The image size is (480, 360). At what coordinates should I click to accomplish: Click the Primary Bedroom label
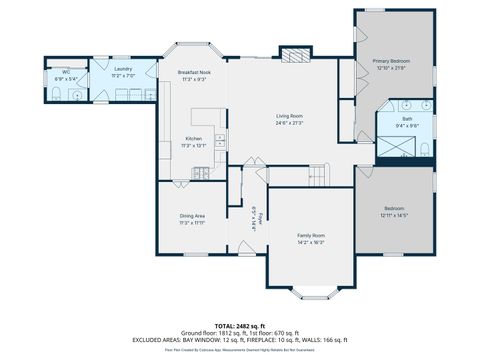pos(392,61)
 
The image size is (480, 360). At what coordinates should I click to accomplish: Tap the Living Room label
pos(290,117)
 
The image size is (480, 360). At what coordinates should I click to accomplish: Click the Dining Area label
pos(192,216)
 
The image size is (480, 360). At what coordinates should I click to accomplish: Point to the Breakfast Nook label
pos(193,73)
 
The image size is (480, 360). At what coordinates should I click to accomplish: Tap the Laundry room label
pos(123,69)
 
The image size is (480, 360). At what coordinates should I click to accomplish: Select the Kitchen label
pos(193,139)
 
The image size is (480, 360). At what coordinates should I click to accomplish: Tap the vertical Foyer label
pos(257,218)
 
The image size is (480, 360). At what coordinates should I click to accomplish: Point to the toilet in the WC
pos(56,95)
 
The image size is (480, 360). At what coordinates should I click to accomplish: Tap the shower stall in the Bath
pos(394,148)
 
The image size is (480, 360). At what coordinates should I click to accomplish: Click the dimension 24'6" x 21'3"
pos(290,123)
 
